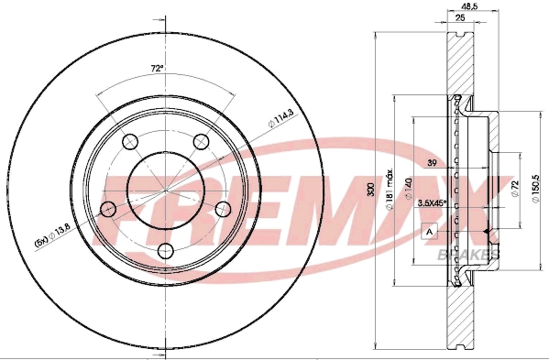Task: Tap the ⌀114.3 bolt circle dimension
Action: (x=279, y=117)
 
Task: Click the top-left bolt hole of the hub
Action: (x=129, y=141)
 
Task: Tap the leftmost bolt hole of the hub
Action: (x=107, y=209)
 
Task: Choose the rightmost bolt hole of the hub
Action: (x=222, y=209)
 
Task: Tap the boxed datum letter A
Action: (x=429, y=232)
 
